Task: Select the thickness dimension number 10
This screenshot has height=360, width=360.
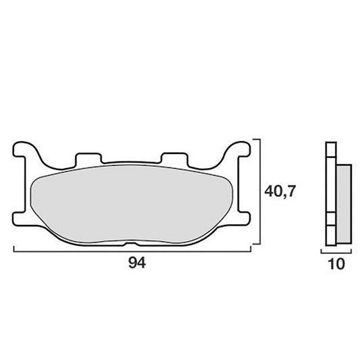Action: coord(336,264)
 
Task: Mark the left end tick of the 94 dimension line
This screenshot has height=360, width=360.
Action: coord(14,249)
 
